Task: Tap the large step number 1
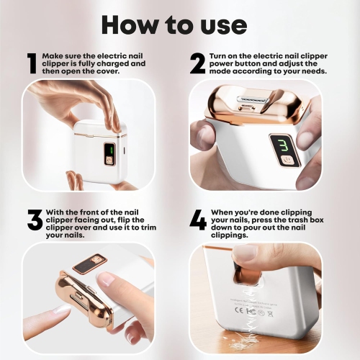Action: tap(31, 63)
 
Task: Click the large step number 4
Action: tap(198, 220)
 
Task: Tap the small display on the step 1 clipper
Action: tap(108, 152)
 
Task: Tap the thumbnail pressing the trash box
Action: tap(246, 253)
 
